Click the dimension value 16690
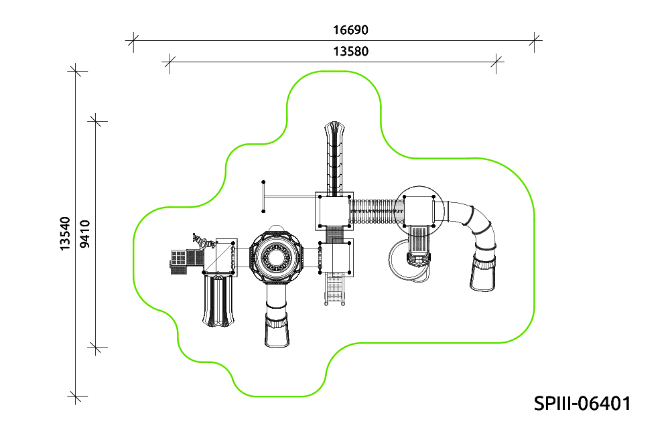(x=350, y=30)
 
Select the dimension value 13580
(x=350, y=52)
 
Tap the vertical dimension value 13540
(x=64, y=234)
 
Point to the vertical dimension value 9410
(x=85, y=234)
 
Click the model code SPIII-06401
(x=582, y=403)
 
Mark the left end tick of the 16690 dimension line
(x=133, y=41)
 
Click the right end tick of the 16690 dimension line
(x=534, y=41)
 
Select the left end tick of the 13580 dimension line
(x=170, y=62)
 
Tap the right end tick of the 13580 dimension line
(x=496, y=62)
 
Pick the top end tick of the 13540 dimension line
(x=76, y=71)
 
